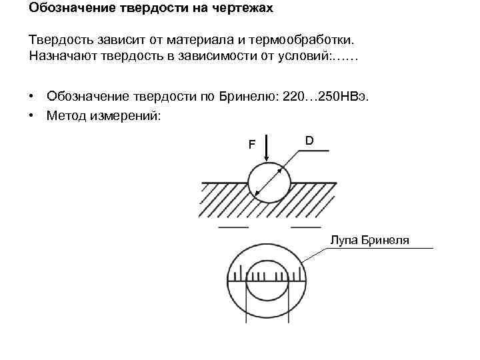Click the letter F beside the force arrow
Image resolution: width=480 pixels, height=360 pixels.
click(252, 143)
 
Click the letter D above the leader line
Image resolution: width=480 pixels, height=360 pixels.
click(309, 140)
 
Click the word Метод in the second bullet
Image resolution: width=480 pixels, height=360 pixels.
click(66, 115)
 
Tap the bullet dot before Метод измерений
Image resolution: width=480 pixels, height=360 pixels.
click(31, 115)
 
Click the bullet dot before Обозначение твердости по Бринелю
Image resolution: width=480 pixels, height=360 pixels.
click(31, 98)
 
